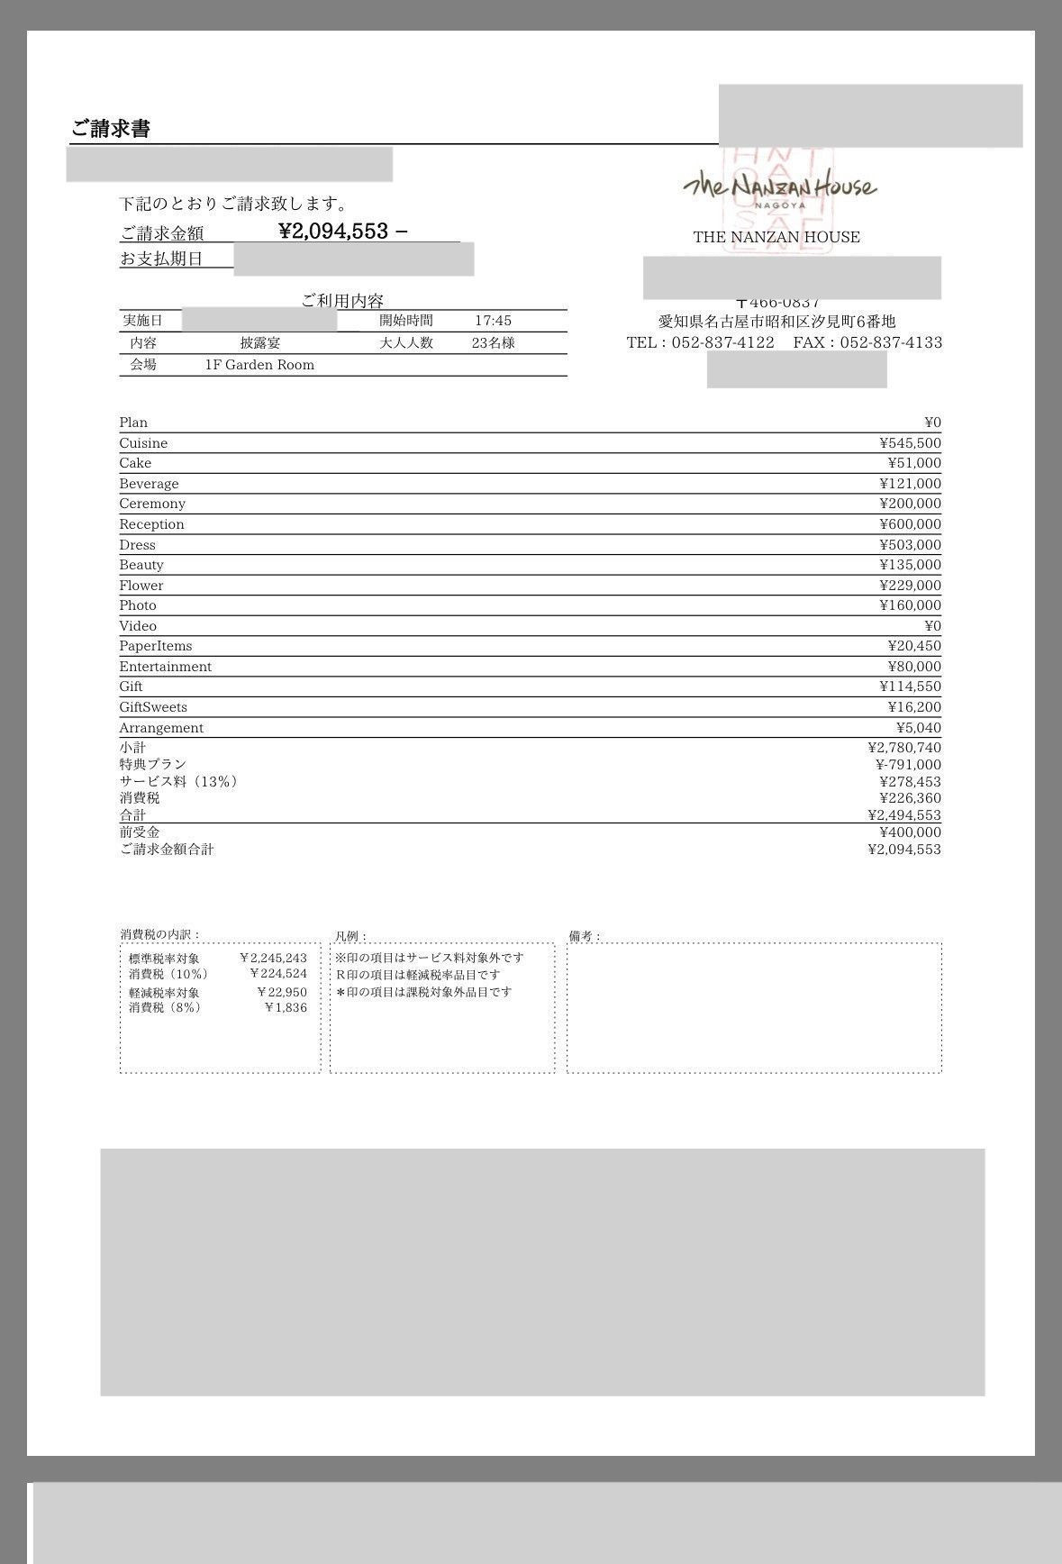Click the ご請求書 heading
point(111,129)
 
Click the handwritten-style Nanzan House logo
point(779,187)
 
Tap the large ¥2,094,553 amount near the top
point(333,232)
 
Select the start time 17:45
point(493,321)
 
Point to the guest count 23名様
point(493,343)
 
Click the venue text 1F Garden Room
point(259,365)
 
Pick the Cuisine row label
point(143,443)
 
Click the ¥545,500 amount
point(910,443)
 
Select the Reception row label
point(151,524)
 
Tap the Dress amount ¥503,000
point(910,545)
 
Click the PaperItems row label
point(155,646)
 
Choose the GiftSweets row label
point(153,707)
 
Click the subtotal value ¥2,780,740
point(904,748)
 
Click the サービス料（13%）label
point(178,782)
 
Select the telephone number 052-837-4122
point(722,342)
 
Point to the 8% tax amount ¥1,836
point(286,1008)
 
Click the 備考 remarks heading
point(585,937)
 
